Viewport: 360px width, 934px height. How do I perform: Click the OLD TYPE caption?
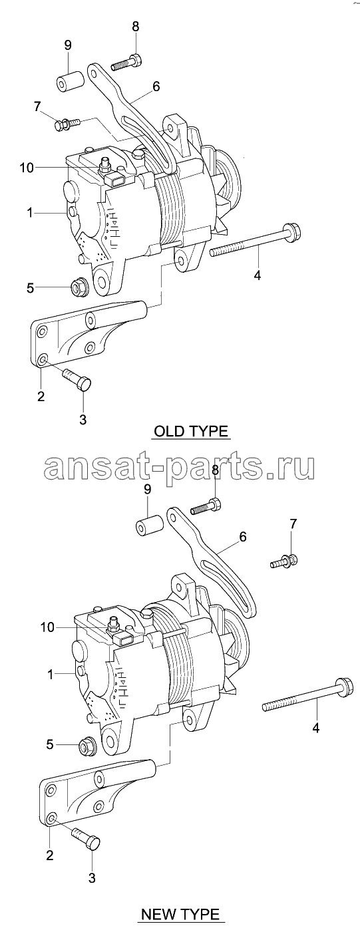191,431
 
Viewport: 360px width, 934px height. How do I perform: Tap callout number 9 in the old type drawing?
68,45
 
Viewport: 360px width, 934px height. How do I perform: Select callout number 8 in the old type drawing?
136,26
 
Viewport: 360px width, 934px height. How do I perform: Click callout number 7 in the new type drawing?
293,524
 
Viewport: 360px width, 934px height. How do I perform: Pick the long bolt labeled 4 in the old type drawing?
255,240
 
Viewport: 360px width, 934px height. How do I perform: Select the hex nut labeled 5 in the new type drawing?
88,747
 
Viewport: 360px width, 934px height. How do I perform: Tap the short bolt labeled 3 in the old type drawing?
77,379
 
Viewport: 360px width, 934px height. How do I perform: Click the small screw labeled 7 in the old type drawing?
68,124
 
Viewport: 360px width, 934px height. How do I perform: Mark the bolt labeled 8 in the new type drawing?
206,506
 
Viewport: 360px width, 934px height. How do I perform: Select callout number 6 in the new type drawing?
243,536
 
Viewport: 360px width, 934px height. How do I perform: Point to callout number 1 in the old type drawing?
30,213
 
